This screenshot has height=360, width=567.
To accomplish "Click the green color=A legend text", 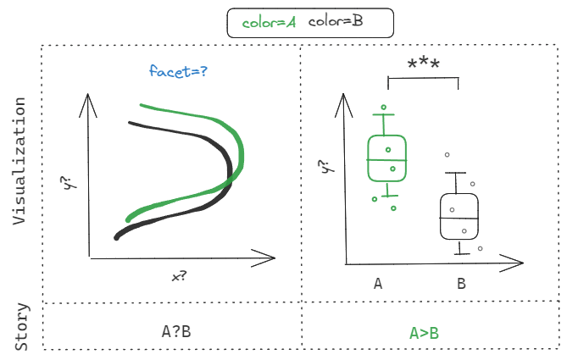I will [269, 22].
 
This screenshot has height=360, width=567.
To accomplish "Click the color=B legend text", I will [336, 22].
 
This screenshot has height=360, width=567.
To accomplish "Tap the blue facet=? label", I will [178, 72].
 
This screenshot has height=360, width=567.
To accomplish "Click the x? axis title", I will [178, 277].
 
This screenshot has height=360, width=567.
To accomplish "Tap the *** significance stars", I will [423, 64].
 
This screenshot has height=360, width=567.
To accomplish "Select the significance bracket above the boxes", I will [422, 79].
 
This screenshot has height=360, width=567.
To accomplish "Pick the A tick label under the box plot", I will [377, 284].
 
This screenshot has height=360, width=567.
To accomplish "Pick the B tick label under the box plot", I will [461, 284].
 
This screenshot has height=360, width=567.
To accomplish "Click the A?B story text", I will [176, 331].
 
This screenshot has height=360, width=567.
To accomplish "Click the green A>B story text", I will [425, 333].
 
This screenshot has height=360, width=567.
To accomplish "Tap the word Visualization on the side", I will [20, 161].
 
